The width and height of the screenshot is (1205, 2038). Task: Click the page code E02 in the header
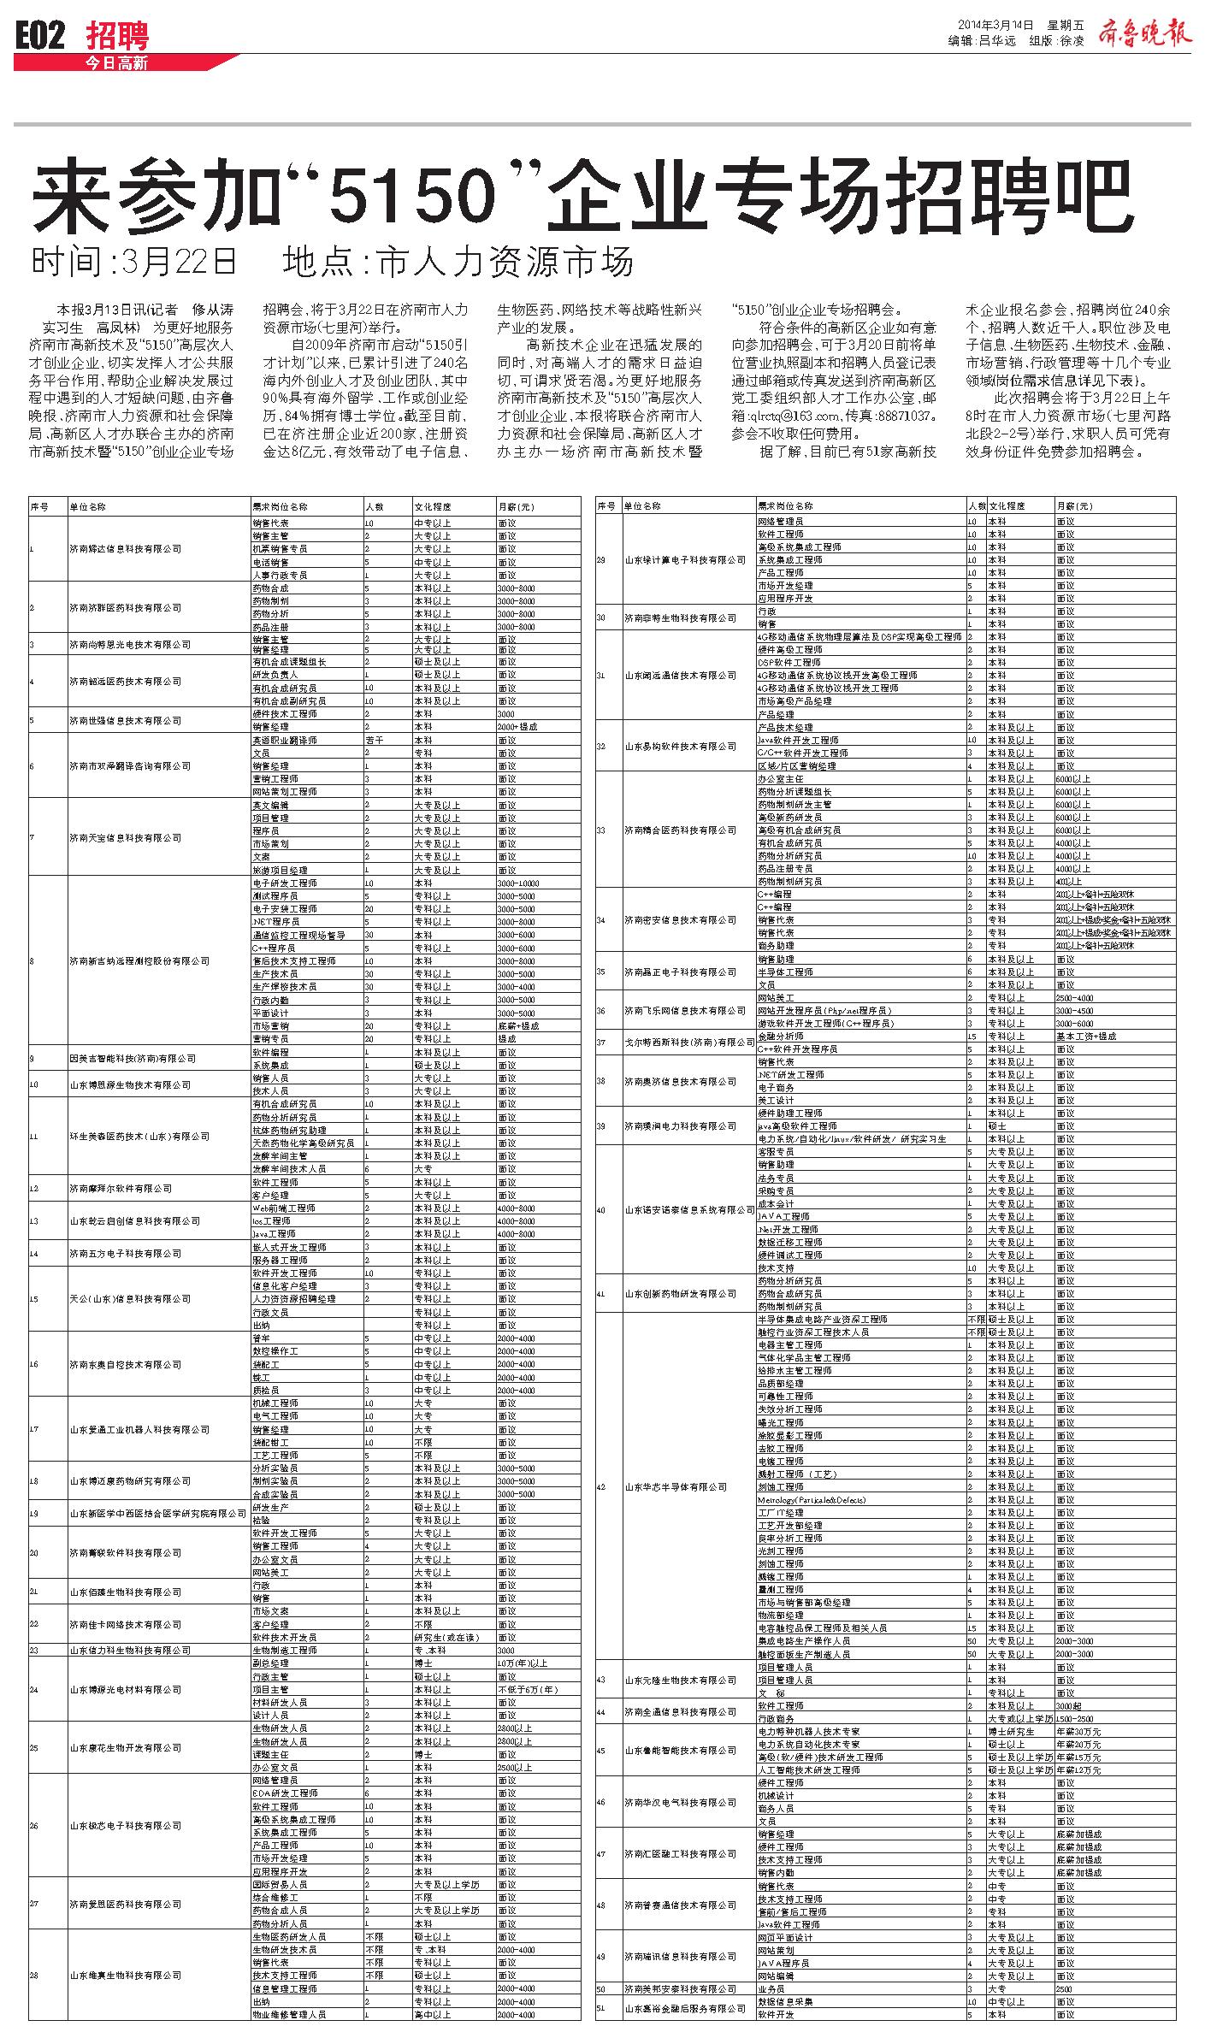pos(40,36)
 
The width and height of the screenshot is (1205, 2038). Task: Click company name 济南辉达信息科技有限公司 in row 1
pos(126,549)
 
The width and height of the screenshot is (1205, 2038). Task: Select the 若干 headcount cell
pos(375,740)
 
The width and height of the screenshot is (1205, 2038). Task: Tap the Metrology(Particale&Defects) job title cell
pos(812,1500)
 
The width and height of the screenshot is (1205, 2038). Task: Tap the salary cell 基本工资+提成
pos(1086,1036)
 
